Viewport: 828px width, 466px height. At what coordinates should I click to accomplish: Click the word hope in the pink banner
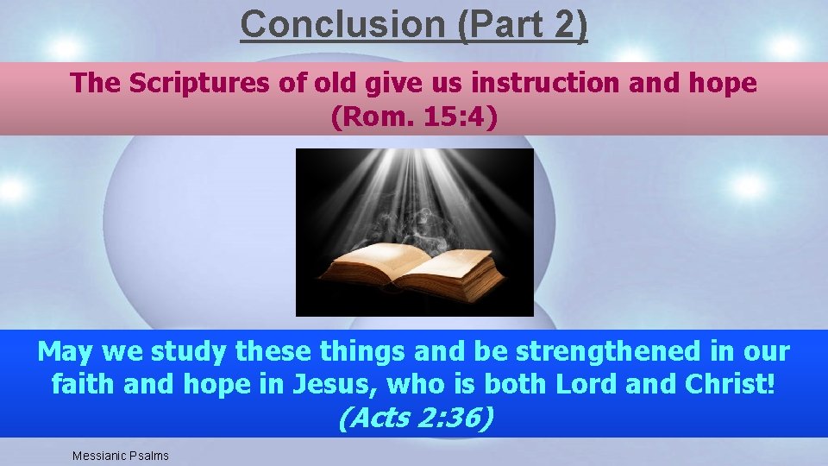[721, 84]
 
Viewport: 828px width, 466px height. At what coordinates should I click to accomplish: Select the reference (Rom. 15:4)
[414, 116]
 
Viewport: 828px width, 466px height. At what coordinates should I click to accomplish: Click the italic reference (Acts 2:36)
[415, 418]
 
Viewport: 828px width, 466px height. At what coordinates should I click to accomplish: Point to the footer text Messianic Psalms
[121, 455]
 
